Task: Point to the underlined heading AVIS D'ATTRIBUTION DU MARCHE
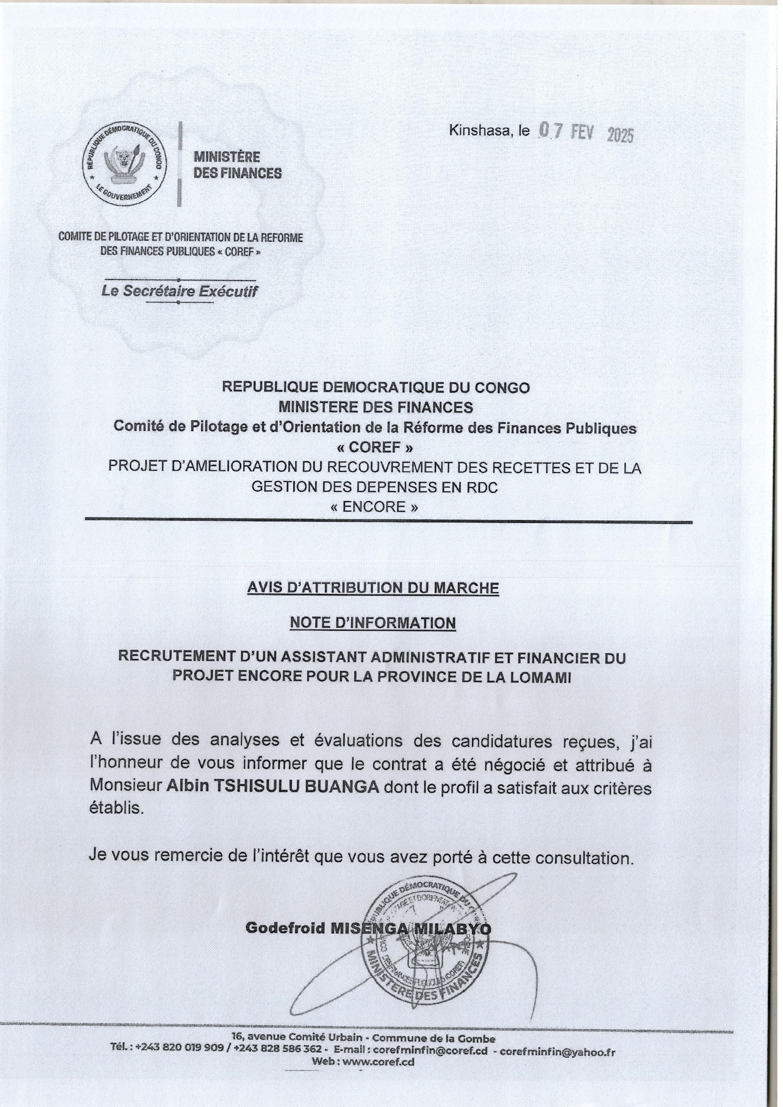point(372,588)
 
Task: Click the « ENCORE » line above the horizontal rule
point(375,507)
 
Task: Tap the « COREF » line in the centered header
point(375,448)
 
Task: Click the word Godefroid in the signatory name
point(285,928)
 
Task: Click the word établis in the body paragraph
point(117,808)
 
